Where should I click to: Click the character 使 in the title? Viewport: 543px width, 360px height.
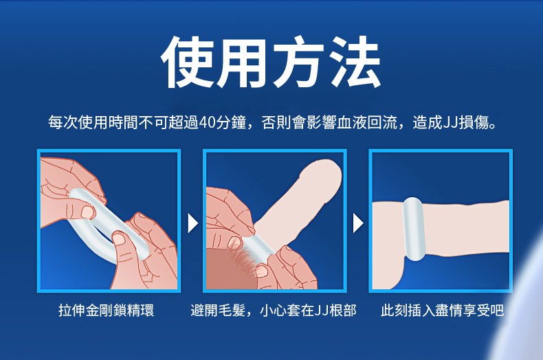[x=188, y=62]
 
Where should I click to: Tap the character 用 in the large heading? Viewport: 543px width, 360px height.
[x=243, y=62]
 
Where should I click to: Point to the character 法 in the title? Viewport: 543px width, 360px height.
[x=355, y=62]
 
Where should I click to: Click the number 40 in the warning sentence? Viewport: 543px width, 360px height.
[x=207, y=122]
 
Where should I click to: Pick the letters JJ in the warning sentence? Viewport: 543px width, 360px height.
[x=450, y=122]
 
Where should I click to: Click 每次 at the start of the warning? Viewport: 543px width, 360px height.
[x=63, y=122]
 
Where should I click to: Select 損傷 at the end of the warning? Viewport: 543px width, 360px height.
[x=474, y=122]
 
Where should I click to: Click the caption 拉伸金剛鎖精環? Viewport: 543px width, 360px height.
[x=106, y=310]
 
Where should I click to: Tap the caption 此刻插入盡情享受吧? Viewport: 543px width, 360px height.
[x=442, y=310]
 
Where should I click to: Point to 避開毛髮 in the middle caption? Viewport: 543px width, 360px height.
[x=218, y=310]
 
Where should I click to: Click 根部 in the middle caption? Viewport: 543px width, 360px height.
[x=343, y=310]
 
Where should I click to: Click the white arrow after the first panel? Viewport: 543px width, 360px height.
[x=192, y=223]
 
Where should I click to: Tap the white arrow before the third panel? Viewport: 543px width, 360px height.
[x=358, y=223]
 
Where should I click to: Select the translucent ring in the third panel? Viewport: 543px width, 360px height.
[x=414, y=229]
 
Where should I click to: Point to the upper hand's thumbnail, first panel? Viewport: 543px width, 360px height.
[x=88, y=212]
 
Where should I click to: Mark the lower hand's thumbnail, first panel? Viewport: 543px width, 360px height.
[x=119, y=238]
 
